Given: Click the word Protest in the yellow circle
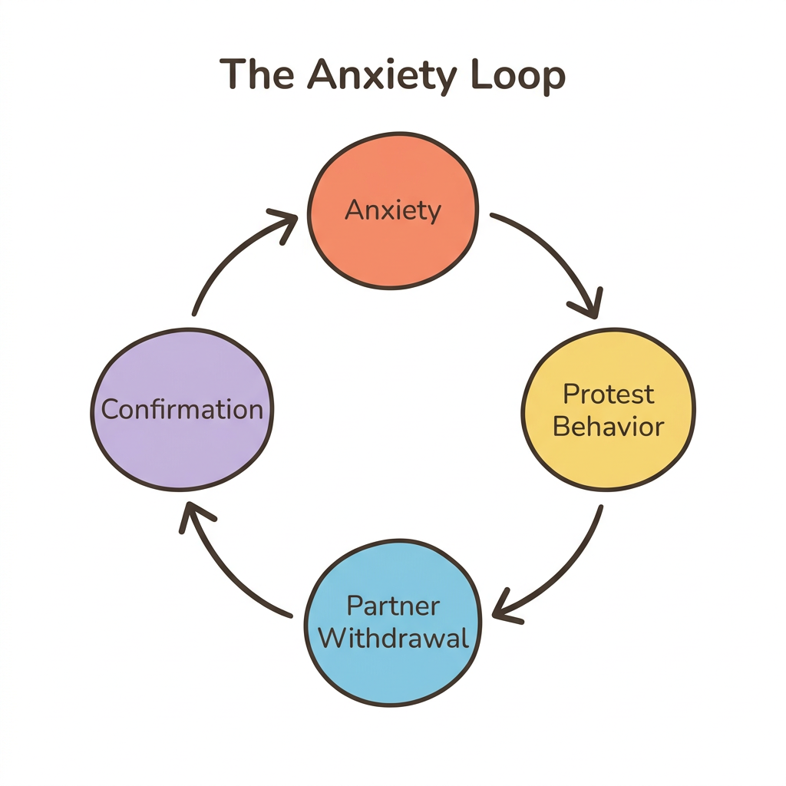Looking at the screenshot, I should coord(609,394).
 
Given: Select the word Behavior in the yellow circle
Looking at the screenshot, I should coord(608,426).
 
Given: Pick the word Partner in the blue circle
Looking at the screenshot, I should coord(393,606).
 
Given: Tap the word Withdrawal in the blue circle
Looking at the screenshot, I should coord(393,638).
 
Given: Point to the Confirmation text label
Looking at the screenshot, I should coord(182,409).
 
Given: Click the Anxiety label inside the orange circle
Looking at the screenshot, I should coord(393,210).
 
